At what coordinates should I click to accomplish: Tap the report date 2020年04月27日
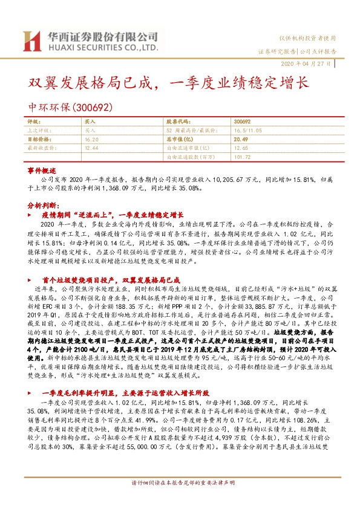pos(305,64)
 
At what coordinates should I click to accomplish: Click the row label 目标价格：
pos(40,138)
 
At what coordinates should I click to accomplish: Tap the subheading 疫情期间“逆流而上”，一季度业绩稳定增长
pos(113,214)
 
